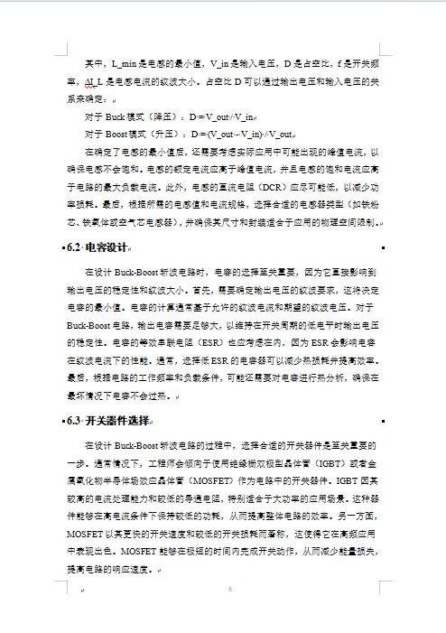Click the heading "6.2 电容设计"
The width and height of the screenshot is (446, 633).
(99, 247)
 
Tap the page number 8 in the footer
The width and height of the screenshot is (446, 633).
(231, 590)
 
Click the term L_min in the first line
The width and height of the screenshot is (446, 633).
(125, 63)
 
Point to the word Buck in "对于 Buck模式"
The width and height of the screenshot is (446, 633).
(117, 117)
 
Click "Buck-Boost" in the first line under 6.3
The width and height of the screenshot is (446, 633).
(137, 446)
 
